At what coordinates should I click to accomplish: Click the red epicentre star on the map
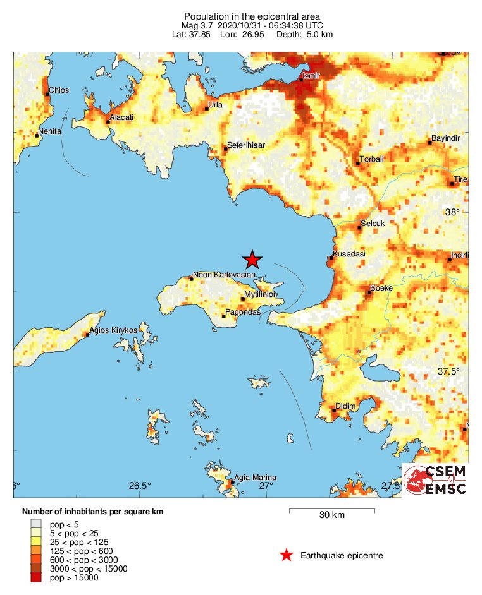pyautogui.click(x=252, y=259)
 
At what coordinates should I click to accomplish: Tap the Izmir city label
pyautogui.click(x=312, y=76)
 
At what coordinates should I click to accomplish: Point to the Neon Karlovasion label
pyautogui.click(x=224, y=275)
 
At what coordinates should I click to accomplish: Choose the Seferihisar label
pyautogui.click(x=247, y=145)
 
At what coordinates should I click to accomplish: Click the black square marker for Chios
pyautogui.click(x=47, y=94)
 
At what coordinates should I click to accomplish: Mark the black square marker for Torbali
pyautogui.click(x=357, y=164)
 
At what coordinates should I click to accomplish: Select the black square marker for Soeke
pyautogui.click(x=369, y=292)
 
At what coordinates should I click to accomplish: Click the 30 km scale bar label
pyautogui.click(x=331, y=515)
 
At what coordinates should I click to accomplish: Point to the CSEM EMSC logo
pyautogui.click(x=436, y=480)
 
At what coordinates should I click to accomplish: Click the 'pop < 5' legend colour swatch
pyautogui.click(x=37, y=524)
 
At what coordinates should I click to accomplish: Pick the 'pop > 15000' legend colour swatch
pyautogui.click(x=37, y=577)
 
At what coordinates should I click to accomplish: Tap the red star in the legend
pyautogui.click(x=287, y=555)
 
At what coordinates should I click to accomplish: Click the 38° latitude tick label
pyautogui.click(x=452, y=212)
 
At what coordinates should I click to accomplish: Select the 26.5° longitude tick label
pyautogui.click(x=140, y=486)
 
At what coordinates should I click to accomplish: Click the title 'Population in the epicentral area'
pyautogui.click(x=252, y=16)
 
